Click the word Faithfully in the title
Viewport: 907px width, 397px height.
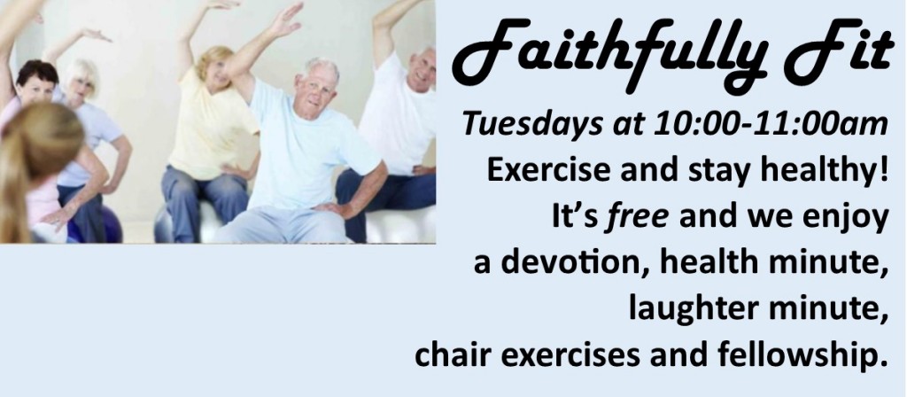[611, 55]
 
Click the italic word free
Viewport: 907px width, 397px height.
[636, 216]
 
